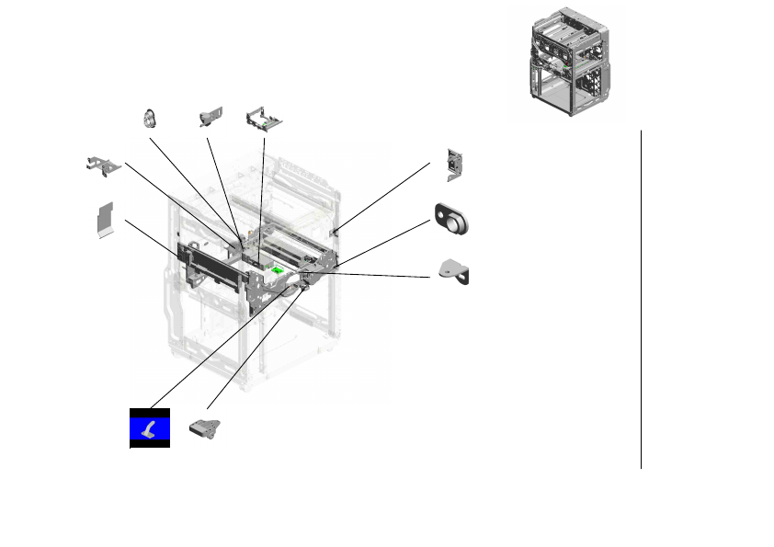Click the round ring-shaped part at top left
coord(149,119)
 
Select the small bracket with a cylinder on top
coord(210,118)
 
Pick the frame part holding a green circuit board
coord(265,120)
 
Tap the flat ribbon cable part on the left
coord(106,221)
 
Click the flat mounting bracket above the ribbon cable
coord(103,165)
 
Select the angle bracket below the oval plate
coord(455,272)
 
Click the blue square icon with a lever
coord(149,427)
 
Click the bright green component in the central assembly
coord(278,270)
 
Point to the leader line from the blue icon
coord(211,349)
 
